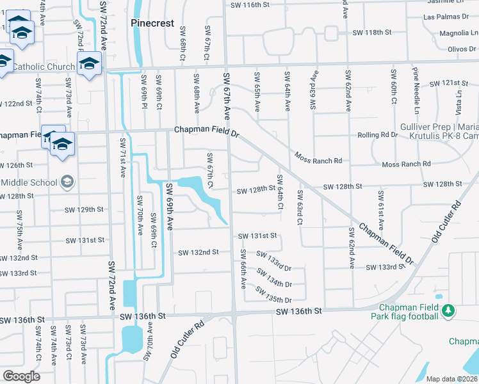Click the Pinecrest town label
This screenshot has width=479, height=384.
pos(152,23)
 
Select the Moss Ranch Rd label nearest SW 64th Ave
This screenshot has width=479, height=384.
pos(318,157)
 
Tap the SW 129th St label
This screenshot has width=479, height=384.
pos(84,209)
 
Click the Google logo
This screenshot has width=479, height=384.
pos(20,376)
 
